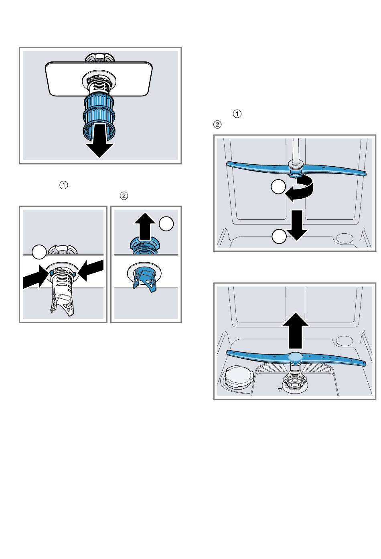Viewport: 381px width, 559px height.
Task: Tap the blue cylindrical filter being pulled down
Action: [x=98, y=112]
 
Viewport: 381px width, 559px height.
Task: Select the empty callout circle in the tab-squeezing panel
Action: [x=39, y=253]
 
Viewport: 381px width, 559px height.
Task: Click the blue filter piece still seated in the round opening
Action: [x=145, y=279]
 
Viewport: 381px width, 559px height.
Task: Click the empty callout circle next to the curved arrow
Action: [x=278, y=187]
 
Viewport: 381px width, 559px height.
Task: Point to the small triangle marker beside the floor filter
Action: [x=279, y=389]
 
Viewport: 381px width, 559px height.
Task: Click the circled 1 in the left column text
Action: [x=63, y=185]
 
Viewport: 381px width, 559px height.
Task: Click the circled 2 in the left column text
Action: [x=124, y=196]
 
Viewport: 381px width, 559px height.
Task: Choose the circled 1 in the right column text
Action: [x=237, y=114]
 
